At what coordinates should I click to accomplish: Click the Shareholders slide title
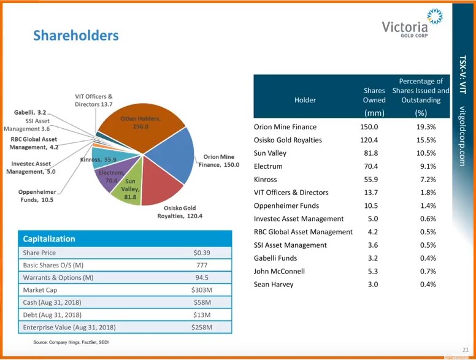(75, 36)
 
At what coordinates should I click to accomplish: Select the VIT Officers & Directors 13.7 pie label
(94, 101)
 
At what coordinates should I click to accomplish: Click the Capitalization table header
(49, 239)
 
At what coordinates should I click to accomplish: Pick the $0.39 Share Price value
(202, 253)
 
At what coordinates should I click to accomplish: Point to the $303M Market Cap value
(202, 290)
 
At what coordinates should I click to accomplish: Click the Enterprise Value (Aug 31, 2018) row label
(69, 327)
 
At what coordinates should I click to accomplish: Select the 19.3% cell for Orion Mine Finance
(423, 127)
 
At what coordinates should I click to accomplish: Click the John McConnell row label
(279, 271)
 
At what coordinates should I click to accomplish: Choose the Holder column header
(305, 100)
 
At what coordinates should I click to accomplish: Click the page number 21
(466, 348)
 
